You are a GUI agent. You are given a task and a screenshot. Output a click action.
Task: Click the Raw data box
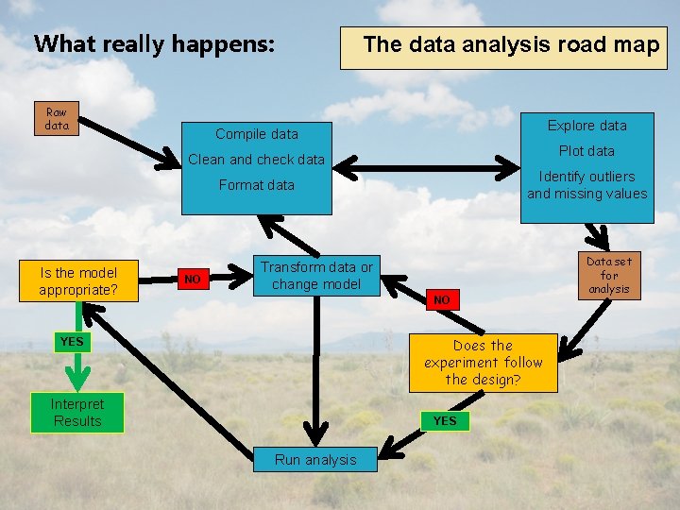[x=57, y=119]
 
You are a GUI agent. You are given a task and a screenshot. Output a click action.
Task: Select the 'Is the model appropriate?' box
[x=78, y=281]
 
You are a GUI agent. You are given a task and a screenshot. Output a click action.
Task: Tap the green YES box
[x=72, y=341]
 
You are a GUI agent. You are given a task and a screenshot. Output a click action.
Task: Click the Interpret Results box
[x=77, y=413]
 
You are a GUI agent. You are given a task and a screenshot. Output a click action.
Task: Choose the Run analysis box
[x=315, y=460]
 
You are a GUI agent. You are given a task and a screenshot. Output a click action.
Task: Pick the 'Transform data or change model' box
[x=316, y=276]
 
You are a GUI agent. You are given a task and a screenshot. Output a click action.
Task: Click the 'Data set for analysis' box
[x=609, y=275]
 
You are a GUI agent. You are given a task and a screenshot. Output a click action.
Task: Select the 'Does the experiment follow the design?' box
[x=483, y=363]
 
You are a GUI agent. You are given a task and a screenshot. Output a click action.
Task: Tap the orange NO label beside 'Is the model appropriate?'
[x=193, y=279]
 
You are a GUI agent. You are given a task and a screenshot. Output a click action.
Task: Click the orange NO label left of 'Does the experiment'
[x=441, y=299]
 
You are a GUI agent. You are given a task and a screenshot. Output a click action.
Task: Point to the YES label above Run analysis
[x=444, y=421]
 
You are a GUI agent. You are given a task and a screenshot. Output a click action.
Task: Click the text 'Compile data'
[x=257, y=134]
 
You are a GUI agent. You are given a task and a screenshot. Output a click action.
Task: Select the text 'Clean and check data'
[x=257, y=160]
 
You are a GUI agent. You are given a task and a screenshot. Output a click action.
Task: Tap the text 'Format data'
[x=257, y=185]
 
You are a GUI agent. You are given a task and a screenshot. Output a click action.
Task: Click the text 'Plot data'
[x=586, y=151]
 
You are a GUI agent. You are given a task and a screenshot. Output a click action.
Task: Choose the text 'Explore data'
[x=586, y=126]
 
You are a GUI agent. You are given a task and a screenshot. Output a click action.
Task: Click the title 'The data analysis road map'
[x=511, y=44]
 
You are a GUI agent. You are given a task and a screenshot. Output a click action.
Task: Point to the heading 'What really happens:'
[x=155, y=44]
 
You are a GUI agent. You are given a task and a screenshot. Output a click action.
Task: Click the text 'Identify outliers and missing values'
[x=586, y=185]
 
